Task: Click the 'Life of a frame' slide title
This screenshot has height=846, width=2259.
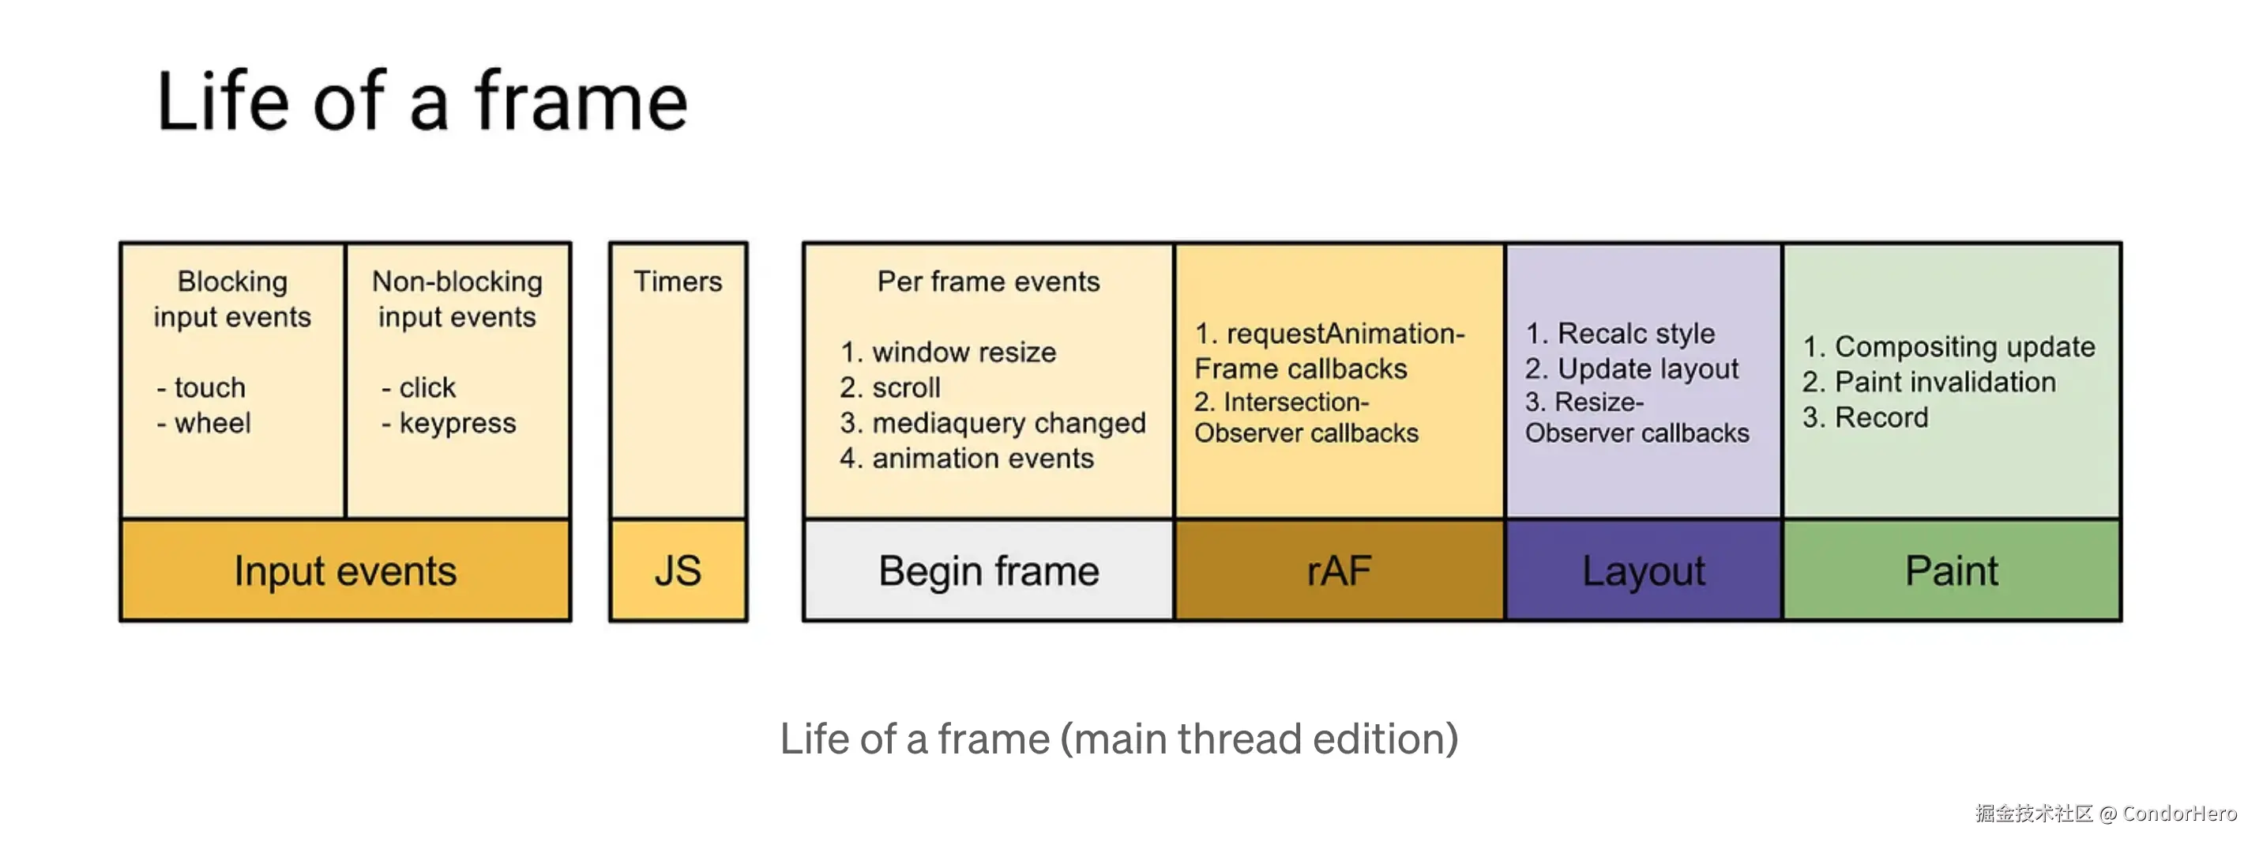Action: [422, 102]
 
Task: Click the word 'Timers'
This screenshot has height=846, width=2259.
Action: [678, 281]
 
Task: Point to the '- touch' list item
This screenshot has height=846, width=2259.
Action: [201, 387]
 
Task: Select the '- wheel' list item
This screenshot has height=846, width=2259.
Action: [205, 423]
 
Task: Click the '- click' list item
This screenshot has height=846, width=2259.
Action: [419, 387]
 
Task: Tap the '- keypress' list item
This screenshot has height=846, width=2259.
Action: [449, 423]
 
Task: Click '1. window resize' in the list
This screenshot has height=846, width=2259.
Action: [948, 352]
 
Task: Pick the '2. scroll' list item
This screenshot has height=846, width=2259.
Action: [890, 387]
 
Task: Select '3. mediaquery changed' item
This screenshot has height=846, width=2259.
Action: [993, 423]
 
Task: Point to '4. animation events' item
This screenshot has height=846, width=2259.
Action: [966, 458]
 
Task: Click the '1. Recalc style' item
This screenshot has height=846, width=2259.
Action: [1620, 334]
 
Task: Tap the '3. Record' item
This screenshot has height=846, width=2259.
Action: [1865, 417]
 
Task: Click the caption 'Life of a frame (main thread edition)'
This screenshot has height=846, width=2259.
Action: [1119, 739]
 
